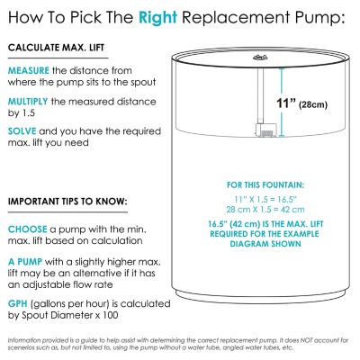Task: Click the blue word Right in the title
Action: (157, 17)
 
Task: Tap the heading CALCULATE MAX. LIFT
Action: (56, 48)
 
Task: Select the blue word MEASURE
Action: (29, 71)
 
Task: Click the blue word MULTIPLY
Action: (28, 102)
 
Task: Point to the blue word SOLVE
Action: (22, 131)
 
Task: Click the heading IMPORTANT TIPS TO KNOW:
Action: (67, 202)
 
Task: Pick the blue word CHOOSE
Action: (27, 229)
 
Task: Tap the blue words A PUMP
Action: (25, 262)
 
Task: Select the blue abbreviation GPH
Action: (18, 304)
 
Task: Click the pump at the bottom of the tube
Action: (264, 130)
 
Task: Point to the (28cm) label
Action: (313, 104)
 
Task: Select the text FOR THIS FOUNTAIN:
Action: (265, 185)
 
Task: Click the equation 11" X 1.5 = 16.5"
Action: (265, 199)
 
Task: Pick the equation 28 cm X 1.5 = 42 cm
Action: (265, 210)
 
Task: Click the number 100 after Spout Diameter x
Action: (110, 315)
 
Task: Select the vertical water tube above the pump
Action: (260, 96)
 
